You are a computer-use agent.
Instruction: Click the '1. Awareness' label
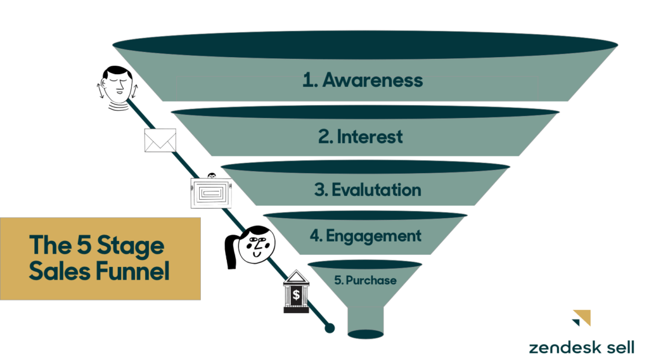pos(363,80)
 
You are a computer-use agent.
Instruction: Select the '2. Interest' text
pos(360,136)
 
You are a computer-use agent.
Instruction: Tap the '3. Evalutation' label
pos(368,190)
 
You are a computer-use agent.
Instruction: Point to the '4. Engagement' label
pos(366,236)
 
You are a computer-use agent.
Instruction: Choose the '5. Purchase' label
pos(366,280)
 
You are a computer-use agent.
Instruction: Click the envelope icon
pos(160,140)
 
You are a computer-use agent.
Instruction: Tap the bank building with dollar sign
pos(296,292)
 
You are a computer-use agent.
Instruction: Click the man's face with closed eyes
pos(117,86)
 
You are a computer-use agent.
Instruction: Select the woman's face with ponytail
pos(257,245)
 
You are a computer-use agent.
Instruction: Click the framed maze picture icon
pos(211,193)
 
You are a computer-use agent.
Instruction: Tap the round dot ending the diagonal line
pos(330,328)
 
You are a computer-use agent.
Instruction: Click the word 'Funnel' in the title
pos(132,271)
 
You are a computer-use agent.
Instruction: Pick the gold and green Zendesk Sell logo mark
pos(582,318)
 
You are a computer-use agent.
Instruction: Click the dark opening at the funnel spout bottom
pos(366,334)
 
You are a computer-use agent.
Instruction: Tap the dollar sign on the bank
pos(296,295)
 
